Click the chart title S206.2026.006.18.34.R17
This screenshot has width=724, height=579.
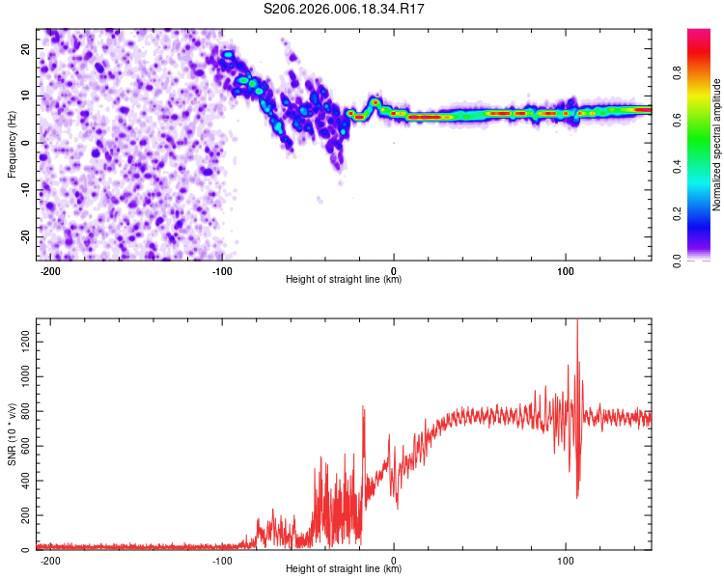345,9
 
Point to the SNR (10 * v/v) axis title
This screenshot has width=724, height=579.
12,435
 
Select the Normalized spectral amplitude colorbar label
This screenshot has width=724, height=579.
717,145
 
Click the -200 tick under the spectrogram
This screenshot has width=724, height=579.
51,269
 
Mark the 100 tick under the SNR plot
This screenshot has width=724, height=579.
565,559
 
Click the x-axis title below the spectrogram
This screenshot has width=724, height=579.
344,280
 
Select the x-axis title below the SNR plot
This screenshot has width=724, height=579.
344,569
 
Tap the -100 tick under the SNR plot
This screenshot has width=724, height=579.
222,559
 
